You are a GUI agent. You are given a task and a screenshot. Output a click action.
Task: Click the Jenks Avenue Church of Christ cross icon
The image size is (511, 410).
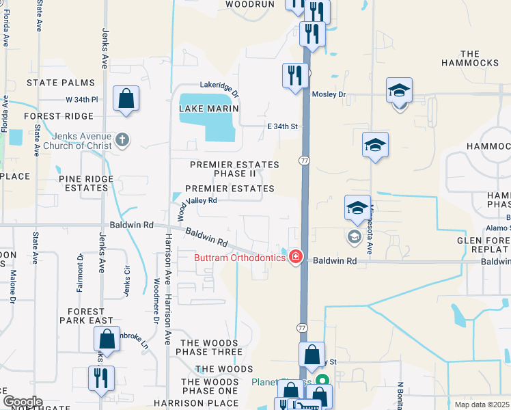(x=122, y=141)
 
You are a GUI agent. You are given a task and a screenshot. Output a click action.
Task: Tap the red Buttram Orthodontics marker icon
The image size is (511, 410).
(x=296, y=258)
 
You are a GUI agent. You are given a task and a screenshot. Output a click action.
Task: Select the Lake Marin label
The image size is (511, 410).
(x=209, y=109)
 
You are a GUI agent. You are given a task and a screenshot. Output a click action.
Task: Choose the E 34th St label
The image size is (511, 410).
(x=283, y=126)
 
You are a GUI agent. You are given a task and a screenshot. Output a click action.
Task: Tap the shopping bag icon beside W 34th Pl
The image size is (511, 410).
(x=127, y=98)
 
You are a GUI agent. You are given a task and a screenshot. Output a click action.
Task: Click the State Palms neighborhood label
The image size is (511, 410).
(x=61, y=83)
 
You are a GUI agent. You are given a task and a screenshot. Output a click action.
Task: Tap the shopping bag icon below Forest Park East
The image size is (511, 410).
(x=107, y=338)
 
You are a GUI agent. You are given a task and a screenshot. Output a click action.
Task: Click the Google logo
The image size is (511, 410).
(x=23, y=402)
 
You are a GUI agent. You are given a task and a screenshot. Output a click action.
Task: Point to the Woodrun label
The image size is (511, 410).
(x=249, y=4)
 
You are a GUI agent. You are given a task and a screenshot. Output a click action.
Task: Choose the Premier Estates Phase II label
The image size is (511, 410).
(x=234, y=169)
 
